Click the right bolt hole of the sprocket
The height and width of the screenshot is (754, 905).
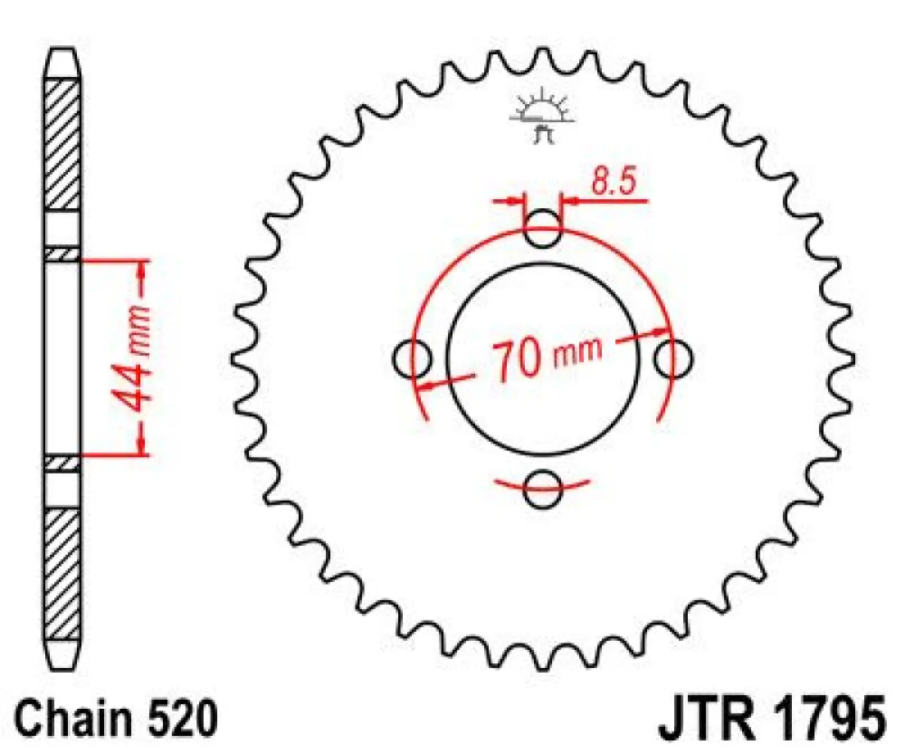(673, 357)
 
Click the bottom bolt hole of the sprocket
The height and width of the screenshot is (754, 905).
(542, 489)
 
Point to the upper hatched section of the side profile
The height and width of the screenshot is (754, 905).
(63, 143)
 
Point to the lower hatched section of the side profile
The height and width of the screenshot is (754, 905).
(63, 574)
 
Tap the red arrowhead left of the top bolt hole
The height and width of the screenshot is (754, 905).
(516, 201)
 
